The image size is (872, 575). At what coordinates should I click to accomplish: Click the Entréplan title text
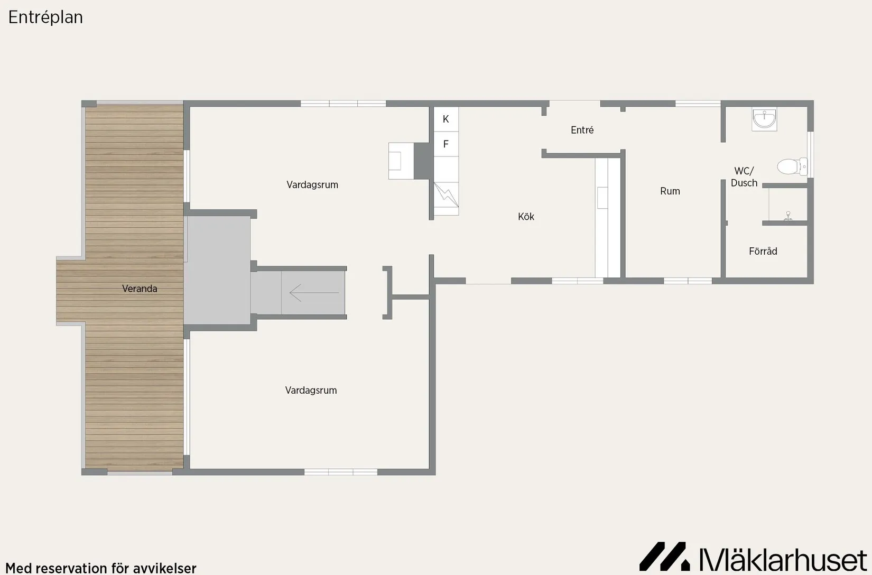point(45,17)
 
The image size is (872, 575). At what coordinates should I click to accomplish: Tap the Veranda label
point(140,289)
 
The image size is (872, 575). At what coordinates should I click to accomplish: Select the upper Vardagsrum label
point(312,184)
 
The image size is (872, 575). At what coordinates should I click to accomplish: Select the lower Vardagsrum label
point(311,390)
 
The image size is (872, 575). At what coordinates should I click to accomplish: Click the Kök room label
point(526,217)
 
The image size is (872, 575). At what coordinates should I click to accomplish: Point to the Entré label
point(582,129)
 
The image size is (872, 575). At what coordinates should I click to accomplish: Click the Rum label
point(670,191)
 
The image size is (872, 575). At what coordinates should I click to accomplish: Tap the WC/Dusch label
point(744,177)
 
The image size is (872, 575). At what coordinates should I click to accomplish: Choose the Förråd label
point(763,251)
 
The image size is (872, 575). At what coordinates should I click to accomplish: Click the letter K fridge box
point(446,119)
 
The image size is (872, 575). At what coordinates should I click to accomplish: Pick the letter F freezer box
point(446,144)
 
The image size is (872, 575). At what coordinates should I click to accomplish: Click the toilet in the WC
point(792,166)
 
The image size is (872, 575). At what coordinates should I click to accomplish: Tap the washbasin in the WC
point(764,119)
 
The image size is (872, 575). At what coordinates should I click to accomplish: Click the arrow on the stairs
point(314,293)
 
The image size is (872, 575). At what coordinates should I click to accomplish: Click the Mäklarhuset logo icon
point(664,556)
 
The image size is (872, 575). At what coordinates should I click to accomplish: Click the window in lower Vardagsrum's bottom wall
point(341,472)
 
